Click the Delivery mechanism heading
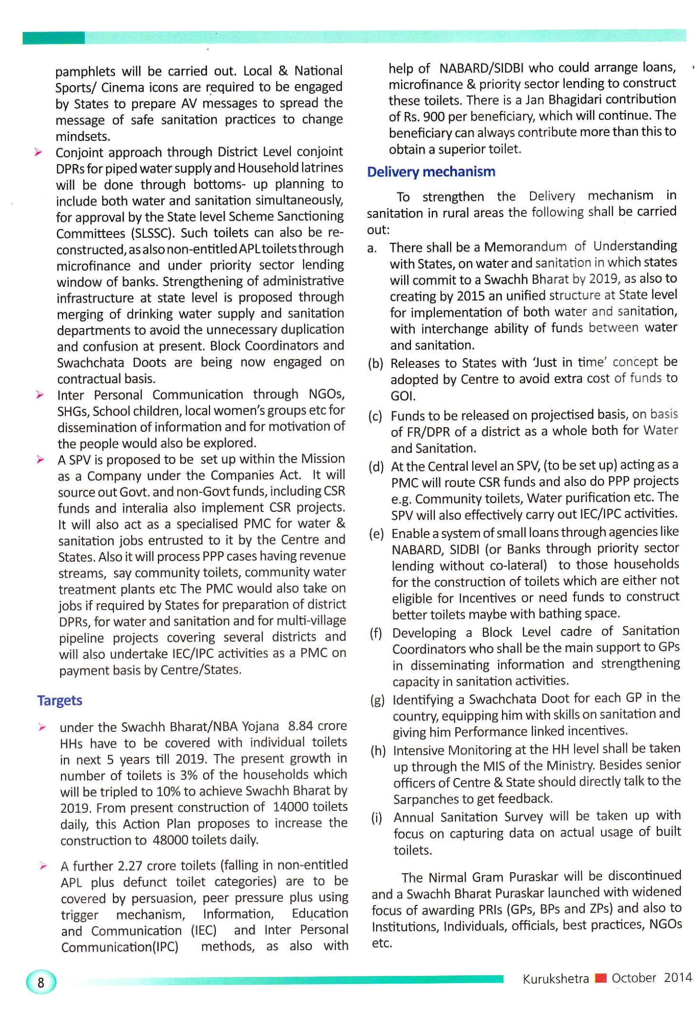coord(431,171)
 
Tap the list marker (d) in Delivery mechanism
coord(376,467)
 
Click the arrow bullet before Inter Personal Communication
coord(40,395)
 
